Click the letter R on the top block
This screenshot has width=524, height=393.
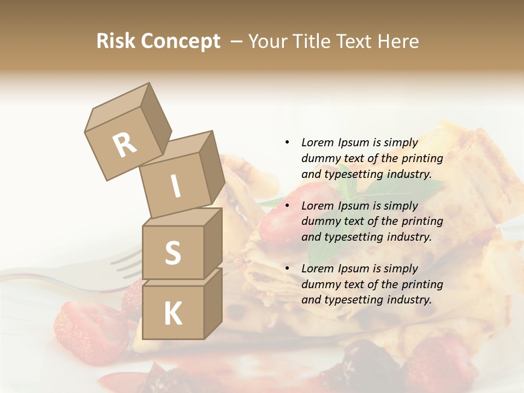coord(124,145)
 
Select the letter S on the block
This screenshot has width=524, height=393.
coord(172,253)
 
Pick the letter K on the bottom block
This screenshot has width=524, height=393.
coord(172,313)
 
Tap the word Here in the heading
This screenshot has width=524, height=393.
coord(397,41)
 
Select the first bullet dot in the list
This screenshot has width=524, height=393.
coord(287,142)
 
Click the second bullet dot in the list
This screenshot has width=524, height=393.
coord(287,206)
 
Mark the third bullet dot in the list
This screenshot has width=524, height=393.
coord(287,269)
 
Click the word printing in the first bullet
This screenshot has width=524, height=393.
coord(424,158)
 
